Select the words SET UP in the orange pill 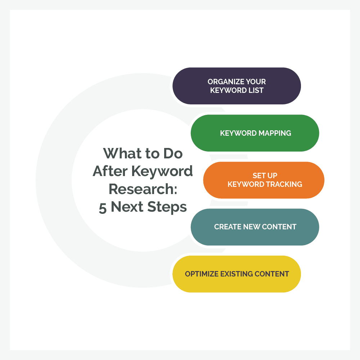coord(265,176)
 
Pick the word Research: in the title coord(143,189)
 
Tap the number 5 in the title coord(103,207)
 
